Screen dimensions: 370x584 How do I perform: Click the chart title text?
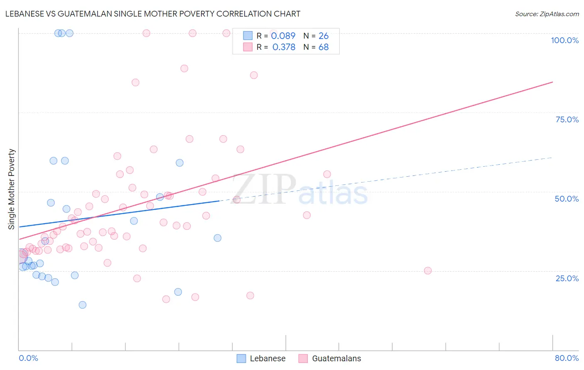[152, 14]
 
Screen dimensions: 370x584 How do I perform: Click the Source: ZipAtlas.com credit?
[547, 14]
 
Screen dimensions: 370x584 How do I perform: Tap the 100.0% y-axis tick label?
[564, 40]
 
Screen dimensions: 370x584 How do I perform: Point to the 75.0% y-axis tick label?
[567, 119]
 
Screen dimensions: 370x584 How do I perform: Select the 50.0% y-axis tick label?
[567, 199]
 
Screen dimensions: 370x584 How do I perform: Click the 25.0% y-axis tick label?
[567, 278]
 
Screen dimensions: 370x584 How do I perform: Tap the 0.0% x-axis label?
[28, 358]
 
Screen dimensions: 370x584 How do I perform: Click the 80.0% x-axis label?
[567, 358]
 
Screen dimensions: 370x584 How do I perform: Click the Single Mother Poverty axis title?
[12, 189]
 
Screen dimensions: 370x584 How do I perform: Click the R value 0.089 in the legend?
[283, 36]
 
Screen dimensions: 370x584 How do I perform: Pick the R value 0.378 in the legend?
[284, 47]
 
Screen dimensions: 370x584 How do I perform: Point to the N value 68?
[324, 47]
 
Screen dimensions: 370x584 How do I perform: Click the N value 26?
[324, 36]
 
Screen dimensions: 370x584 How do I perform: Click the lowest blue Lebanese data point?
[82, 305]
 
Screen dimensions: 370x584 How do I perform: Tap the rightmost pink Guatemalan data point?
[428, 270]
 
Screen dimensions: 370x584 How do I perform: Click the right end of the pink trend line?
[552, 82]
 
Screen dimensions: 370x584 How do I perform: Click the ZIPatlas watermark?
[299, 190]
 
